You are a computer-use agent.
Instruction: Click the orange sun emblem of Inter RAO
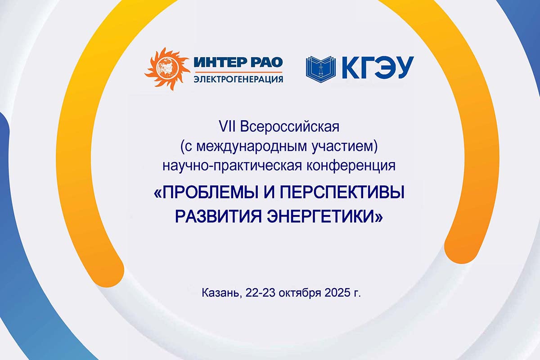tap(167, 69)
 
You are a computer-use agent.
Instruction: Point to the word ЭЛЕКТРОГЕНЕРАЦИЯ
tap(238, 79)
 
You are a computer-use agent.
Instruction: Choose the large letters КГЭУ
tap(378, 68)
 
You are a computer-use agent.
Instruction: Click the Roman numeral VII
tap(227, 126)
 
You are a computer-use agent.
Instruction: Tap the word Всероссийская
tap(289, 127)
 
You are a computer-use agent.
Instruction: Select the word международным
tap(252, 147)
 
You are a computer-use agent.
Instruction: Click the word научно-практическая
tap(232, 166)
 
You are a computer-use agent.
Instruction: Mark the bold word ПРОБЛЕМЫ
tap(209, 193)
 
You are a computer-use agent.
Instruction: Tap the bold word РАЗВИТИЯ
tap(218, 216)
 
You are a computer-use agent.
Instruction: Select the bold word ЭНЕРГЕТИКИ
tap(320, 216)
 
